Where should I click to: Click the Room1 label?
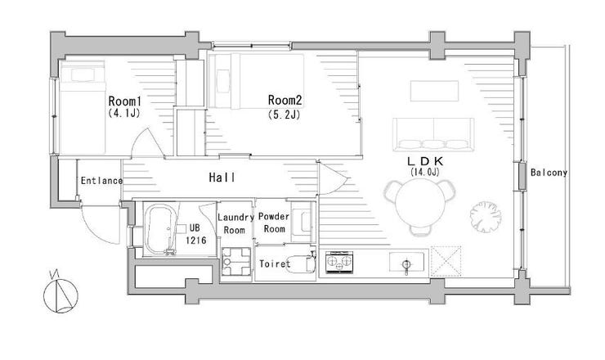point(124,101)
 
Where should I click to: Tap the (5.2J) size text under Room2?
point(284,115)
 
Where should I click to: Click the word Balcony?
point(549,173)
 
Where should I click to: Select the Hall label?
point(222,178)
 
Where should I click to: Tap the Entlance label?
point(101,180)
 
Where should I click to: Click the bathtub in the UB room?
point(161,229)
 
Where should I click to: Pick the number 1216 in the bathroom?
point(196,241)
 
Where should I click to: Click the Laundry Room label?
point(235,223)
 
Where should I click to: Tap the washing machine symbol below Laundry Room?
point(236,262)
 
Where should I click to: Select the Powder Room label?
point(274,223)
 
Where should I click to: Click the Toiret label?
point(275,263)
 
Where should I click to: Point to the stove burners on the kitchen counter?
point(339,263)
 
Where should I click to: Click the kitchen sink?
point(406,262)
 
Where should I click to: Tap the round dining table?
point(419,202)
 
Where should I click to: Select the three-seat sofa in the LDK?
point(433,134)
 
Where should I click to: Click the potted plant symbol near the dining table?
point(486,217)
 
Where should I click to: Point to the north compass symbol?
point(60,295)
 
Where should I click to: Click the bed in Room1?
point(83,107)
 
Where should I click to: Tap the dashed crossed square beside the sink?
point(446,262)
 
